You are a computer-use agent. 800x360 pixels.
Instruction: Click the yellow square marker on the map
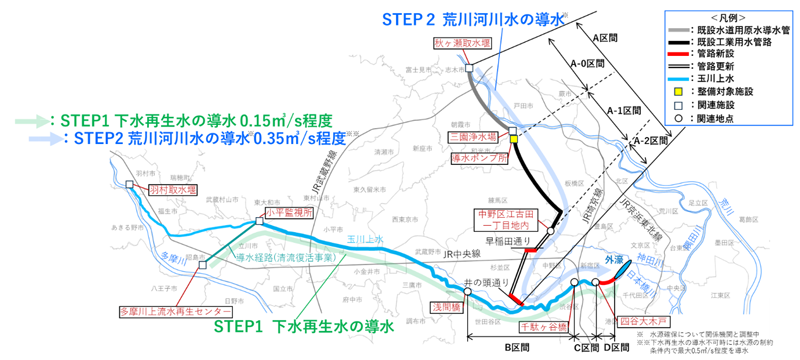(x=514, y=141)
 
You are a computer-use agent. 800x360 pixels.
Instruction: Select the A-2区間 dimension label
(x=652, y=143)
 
